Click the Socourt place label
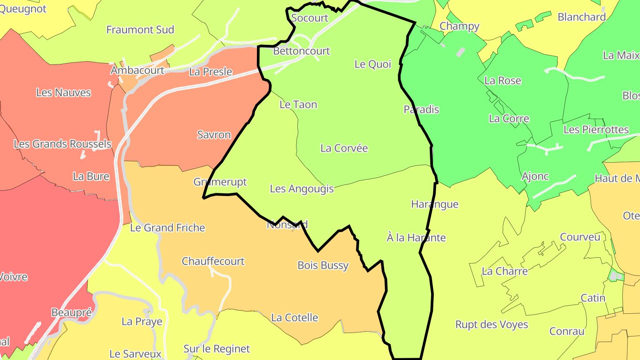click(309, 18)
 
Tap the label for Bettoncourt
click(301, 51)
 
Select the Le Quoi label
click(372, 64)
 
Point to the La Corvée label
click(344, 148)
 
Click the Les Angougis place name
click(301, 189)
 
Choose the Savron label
click(214, 135)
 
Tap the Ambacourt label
click(137, 71)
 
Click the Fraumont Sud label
click(140, 30)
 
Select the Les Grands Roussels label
click(62, 144)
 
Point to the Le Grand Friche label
click(167, 228)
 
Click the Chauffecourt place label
click(213, 261)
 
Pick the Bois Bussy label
click(323, 266)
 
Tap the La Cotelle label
click(294, 318)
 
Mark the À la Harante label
click(416, 238)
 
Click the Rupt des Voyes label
click(492, 324)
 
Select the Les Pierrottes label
click(596, 130)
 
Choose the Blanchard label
click(581, 17)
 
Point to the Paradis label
click(421, 109)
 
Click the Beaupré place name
click(72, 312)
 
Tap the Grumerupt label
click(220, 182)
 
